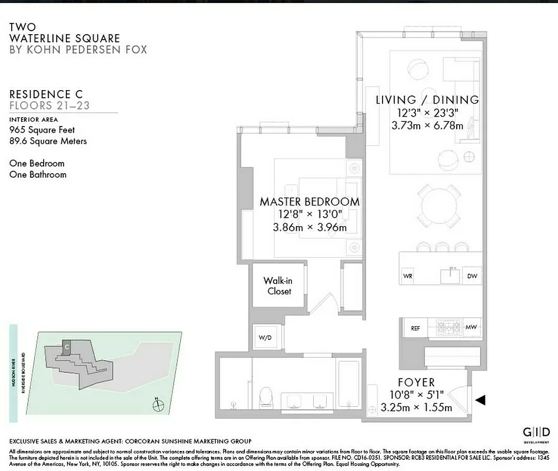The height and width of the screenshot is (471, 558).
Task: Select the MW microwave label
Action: [470, 328]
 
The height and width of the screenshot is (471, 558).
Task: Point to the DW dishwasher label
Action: [471, 276]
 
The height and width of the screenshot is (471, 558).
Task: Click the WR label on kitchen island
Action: [407, 276]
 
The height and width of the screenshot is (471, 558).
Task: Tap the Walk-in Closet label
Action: [277, 286]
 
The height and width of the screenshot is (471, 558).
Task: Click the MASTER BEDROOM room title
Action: [310, 201]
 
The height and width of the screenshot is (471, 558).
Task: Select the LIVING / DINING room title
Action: [427, 100]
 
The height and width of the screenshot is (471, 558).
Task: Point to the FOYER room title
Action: [416, 383]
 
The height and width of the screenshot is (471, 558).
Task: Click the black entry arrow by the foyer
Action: [480, 400]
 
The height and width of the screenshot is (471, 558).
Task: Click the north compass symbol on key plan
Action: [156, 405]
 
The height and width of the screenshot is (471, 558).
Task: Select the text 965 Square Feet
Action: [42, 130]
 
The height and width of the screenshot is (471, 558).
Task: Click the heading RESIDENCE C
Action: [46, 94]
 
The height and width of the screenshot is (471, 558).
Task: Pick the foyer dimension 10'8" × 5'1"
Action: [416, 395]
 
